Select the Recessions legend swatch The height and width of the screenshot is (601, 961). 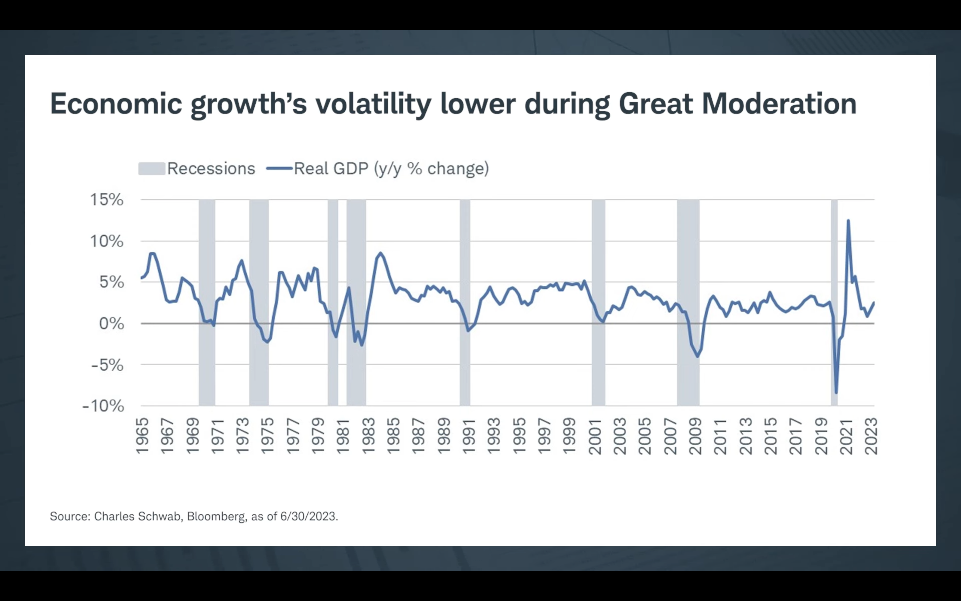click(x=151, y=169)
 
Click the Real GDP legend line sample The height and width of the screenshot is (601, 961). click(x=279, y=169)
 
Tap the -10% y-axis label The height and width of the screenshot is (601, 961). click(x=103, y=406)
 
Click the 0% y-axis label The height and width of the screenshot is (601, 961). click(x=111, y=324)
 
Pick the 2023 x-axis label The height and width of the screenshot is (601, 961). click(x=871, y=436)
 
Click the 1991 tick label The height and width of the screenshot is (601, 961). click(x=468, y=436)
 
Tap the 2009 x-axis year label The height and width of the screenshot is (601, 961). click(x=695, y=436)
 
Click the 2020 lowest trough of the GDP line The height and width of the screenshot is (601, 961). click(x=836, y=393)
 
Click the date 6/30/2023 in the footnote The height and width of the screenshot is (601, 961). click(x=309, y=516)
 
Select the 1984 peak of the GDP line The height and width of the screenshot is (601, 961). click(x=380, y=253)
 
